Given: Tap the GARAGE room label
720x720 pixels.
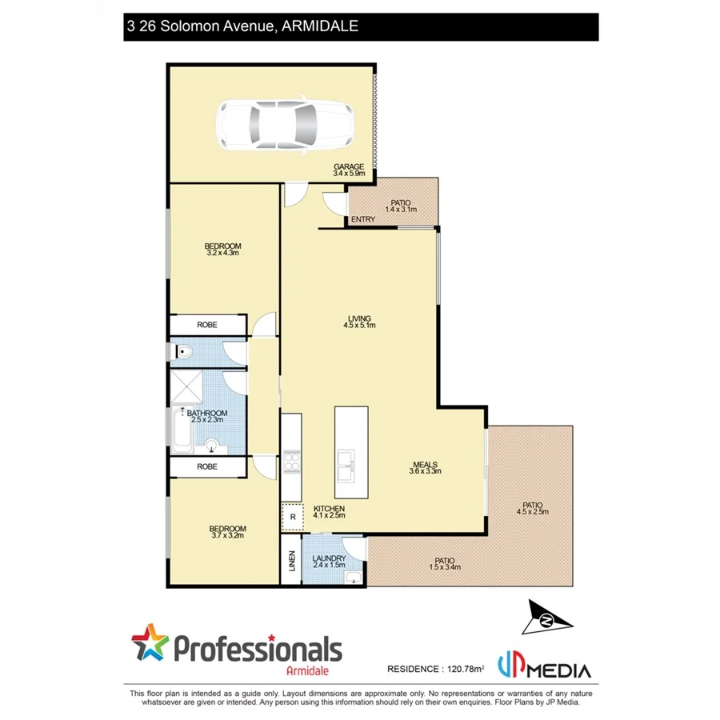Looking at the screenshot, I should point(349,170).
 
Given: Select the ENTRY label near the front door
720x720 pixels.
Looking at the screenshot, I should point(362,220).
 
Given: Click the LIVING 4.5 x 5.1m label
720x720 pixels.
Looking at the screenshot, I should point(359,322).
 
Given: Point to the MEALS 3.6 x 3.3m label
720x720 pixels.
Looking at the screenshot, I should point(425,468).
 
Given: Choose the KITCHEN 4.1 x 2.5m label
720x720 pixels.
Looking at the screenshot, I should point(329,512).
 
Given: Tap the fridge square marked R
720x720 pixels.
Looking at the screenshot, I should point(293,517).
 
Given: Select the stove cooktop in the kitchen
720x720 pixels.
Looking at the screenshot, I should point(291,463).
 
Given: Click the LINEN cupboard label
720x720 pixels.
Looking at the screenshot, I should point(291,563).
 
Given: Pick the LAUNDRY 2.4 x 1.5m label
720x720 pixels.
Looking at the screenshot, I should point(329,562).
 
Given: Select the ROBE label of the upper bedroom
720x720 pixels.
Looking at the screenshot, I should point(207,325).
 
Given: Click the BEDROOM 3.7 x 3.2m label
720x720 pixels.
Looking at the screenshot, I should point(227,532).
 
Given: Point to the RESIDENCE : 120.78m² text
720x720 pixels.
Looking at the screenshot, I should point(436,668).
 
